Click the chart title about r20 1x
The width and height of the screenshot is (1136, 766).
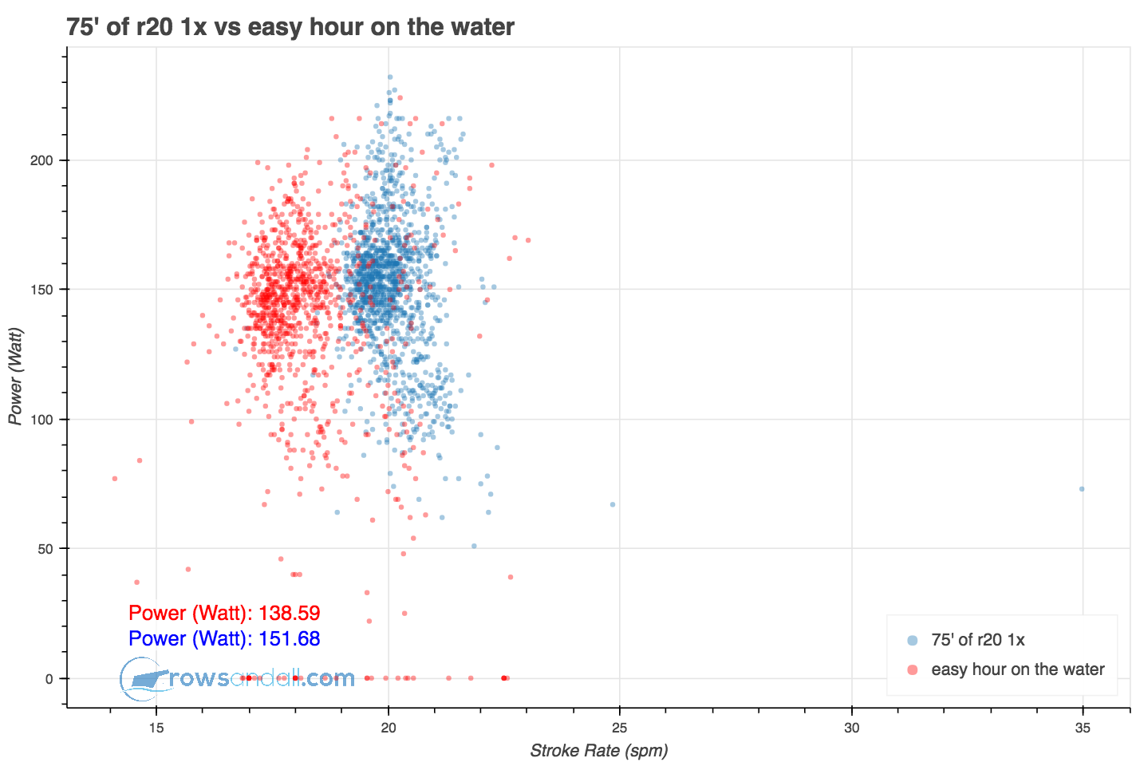(x=290, y=27)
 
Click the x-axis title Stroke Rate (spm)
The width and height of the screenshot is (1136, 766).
(x=598, y=751)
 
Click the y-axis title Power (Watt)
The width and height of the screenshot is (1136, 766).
(x=15, y=377)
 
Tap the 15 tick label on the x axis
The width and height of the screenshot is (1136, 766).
(x=156, y=728)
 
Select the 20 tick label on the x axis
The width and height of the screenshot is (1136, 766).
(x=389, y=728)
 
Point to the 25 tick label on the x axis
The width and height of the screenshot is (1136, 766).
(x=620, y=728)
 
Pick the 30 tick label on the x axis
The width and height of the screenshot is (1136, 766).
(x=852, y=728)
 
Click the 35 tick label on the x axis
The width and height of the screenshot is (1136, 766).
(x=1083, y=728)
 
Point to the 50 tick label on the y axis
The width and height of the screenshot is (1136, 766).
(x=47, y=549)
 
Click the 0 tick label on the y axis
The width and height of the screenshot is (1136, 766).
(x=50, y=679)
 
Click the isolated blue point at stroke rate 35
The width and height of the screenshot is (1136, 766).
(x=1082, y=489)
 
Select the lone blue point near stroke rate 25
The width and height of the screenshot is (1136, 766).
(x=613, y=504)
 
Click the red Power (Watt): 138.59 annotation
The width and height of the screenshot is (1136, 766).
(x=224, y=614)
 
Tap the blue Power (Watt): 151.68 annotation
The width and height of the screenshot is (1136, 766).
(x=224, y=639)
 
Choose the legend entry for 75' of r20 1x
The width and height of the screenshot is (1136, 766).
(x=977, y=640)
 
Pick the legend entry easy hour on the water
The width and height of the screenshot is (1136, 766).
(x=1017, y=669)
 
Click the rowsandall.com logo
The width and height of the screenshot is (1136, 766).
(x=238, y=679)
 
